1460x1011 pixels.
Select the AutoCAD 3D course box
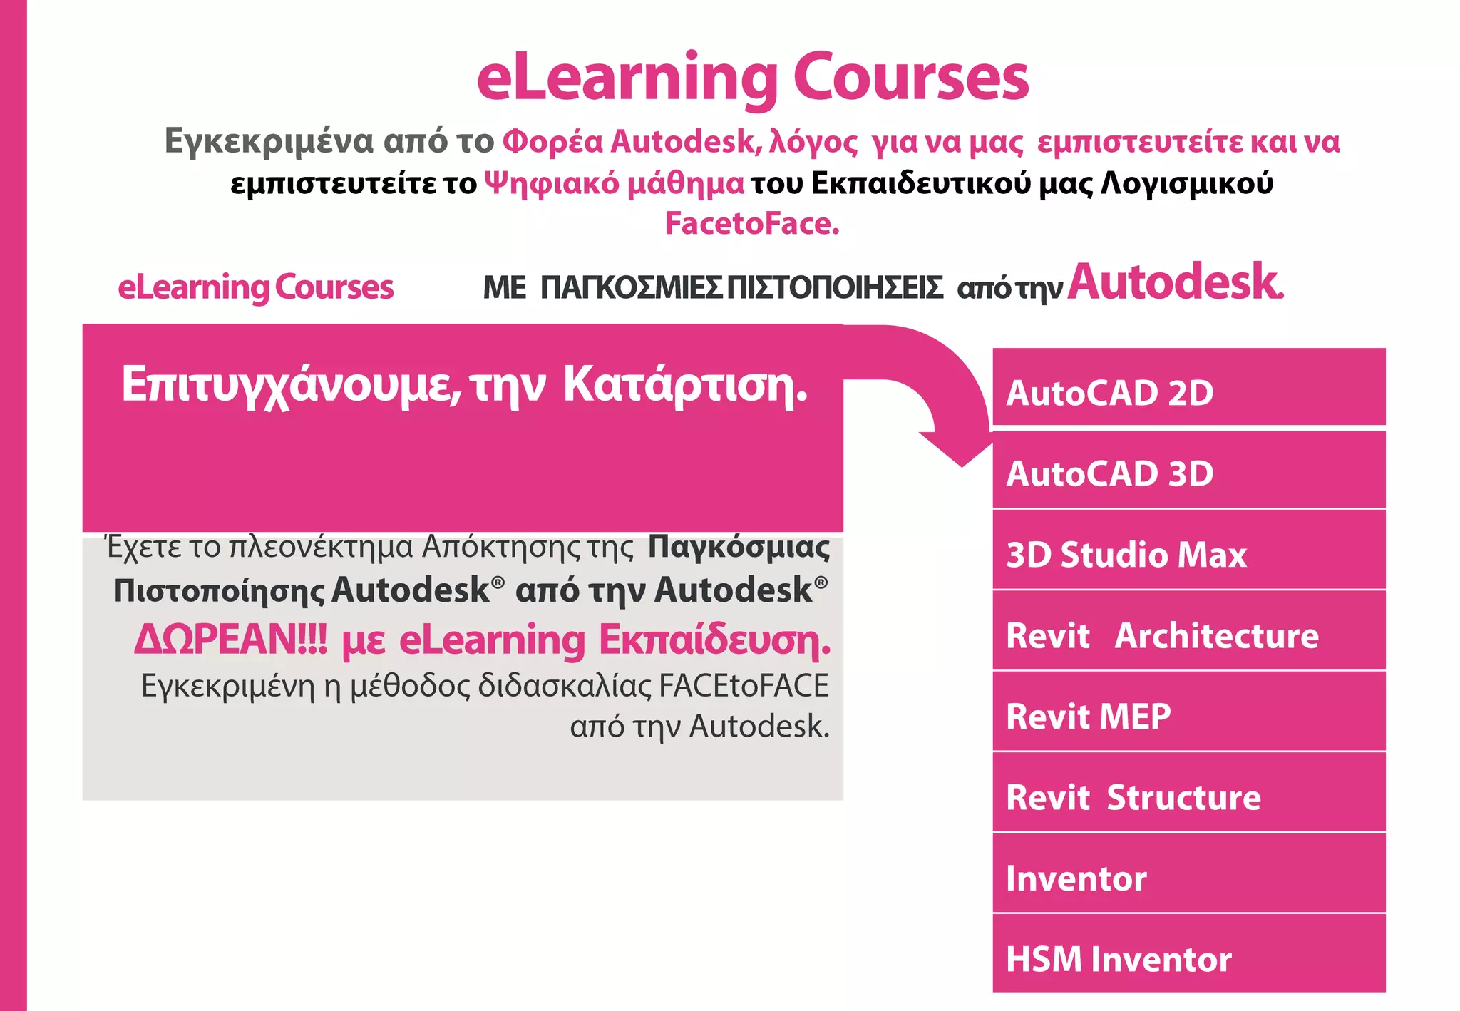[1188, 471]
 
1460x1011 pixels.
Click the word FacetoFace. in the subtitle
[752, 224]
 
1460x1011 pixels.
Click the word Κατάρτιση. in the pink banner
[685, 385]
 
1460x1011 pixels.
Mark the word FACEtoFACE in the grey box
[744, 686]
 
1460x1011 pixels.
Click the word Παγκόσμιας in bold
[739, 548]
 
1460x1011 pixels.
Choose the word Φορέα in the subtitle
[552, 141]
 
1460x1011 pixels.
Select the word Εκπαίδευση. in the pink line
[714, 640]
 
